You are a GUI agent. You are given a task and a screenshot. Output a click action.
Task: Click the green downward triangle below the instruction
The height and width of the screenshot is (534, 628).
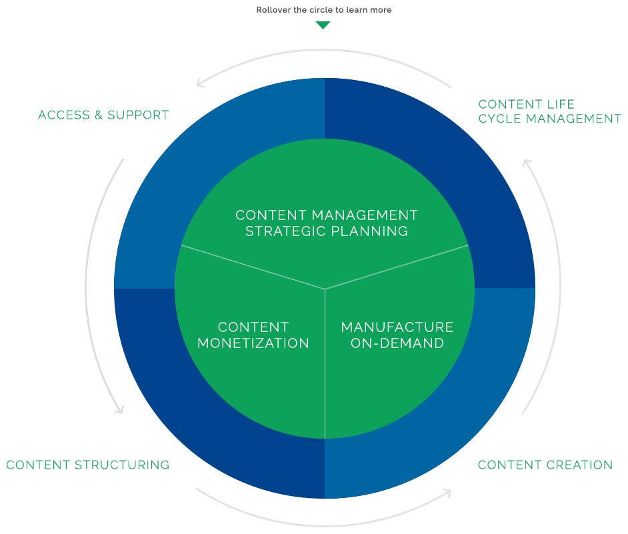(x=323, y=25)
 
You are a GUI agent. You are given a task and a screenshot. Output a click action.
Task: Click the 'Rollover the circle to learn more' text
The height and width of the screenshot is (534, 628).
(x=323, y=9)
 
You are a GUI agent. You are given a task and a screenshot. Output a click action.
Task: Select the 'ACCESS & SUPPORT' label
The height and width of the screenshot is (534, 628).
(x=103, y=115)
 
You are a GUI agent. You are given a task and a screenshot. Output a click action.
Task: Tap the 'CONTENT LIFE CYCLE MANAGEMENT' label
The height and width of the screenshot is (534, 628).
(x=550, y=111)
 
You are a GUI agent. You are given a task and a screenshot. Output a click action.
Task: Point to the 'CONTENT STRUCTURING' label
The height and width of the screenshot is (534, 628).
(x=88, y=465)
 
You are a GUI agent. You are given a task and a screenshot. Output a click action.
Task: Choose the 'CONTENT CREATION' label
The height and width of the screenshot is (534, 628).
(x=545, y=465)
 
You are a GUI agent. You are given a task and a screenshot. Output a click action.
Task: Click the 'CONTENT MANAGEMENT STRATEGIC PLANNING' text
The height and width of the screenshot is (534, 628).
(x=327, y=223)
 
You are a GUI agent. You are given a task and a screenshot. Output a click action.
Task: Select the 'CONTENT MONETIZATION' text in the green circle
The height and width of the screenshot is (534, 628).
(x=253, y=335)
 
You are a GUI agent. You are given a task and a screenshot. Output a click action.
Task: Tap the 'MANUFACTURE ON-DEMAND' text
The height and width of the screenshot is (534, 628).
(x=397, y=335)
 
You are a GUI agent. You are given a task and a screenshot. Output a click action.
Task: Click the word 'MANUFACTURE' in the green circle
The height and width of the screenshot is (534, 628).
(x=397, y=327)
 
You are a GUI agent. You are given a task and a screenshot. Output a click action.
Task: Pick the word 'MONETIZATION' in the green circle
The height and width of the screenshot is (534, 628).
(x=253, y=343)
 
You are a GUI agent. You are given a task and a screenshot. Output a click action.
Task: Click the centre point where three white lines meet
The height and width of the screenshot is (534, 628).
(x=325, y=289)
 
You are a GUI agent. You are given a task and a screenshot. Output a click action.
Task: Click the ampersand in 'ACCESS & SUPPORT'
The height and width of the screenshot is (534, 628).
(x=99, y=115)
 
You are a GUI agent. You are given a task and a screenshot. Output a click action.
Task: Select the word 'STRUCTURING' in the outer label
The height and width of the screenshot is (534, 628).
(x=122, y=465)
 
